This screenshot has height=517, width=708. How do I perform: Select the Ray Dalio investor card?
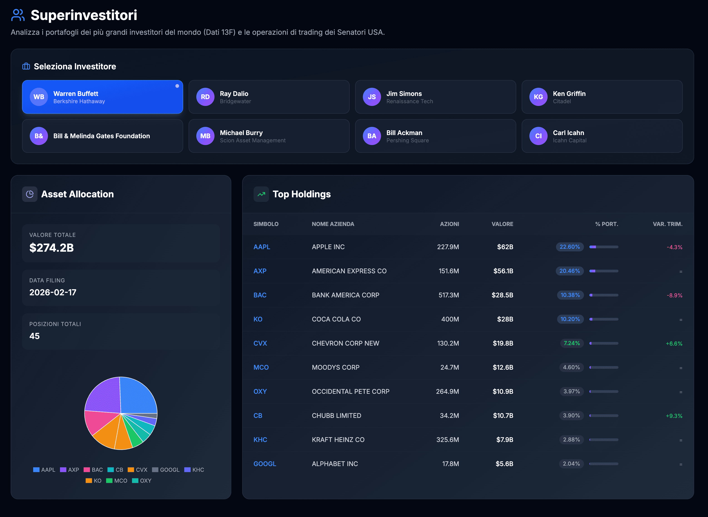tap(269, 97)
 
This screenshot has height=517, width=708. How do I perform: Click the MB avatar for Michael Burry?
tap(205, 136)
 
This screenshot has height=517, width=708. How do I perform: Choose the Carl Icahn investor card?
tap(602, 136)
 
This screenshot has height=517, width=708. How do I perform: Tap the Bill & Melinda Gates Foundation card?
tap(102, 136)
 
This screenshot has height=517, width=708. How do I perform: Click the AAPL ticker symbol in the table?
tap(262, 247)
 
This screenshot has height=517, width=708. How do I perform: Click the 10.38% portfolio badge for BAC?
tap(570, 295)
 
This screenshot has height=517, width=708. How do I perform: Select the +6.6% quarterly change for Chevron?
tap(674, 344)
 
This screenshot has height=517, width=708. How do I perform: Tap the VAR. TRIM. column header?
tap(667, 224)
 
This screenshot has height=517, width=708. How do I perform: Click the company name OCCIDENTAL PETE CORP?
tap(350, 392)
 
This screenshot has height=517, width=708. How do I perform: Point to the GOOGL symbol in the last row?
tap(264, 464)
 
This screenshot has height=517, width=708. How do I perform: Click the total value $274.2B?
tap(52, 248)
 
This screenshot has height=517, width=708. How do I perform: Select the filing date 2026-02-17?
tap(53, 292)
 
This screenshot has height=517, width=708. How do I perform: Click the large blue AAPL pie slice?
tap(138, 396)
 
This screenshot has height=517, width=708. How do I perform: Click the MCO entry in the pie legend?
tap(117, 481)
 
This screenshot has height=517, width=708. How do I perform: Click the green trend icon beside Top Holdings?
tap(261, 194)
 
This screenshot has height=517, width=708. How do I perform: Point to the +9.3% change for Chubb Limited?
tap(674, 416)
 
